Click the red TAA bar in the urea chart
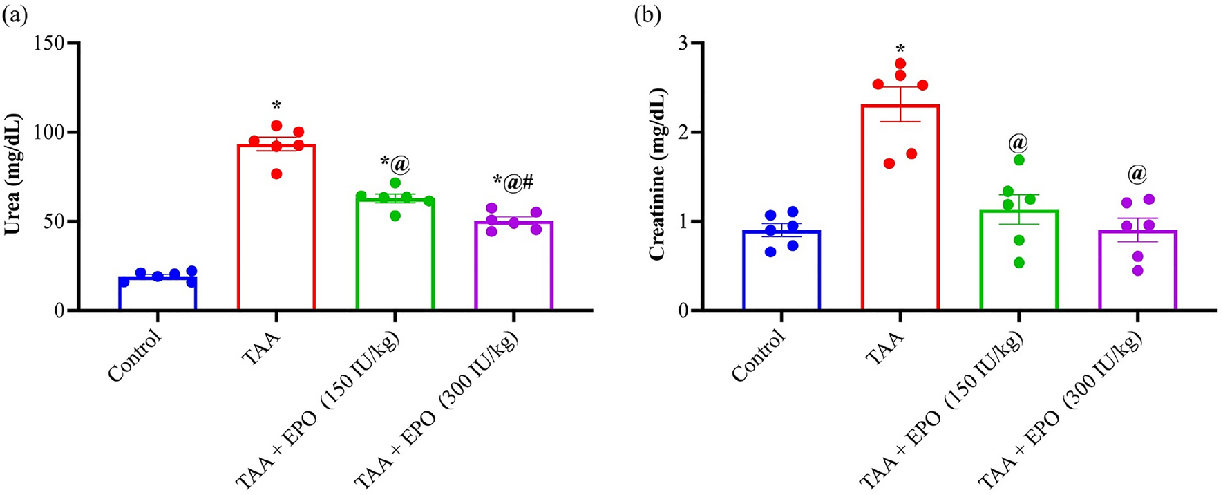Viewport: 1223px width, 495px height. [x=276, y=228]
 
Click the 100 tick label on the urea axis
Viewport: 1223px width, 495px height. [x=54, y=132]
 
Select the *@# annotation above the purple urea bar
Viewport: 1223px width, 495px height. [x=512, y=181]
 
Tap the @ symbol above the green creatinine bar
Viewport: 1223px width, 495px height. [x=1018, y=143]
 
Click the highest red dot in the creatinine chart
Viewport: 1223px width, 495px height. [x=900, y=64]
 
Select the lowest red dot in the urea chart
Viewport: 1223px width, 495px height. [x=276, y=174]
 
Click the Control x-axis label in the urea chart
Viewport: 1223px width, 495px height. [x=135, y=357]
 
